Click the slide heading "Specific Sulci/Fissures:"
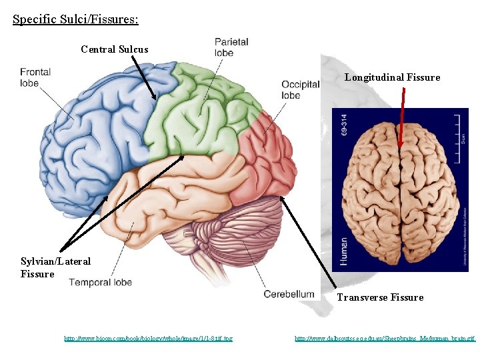point(75,19)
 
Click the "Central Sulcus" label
point(114,49)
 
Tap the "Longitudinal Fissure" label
point(392,77)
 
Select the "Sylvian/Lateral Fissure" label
point(55,267)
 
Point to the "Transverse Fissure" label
point(379,297)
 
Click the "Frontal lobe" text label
point(35,77)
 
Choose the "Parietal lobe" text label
point(232,47)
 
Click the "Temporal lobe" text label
point(101,282)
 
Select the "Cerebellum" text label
point(289,294)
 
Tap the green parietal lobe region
point(193,113)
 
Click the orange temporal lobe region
point(153,200)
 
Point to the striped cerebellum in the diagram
point(233,227)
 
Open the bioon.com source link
point(148,339)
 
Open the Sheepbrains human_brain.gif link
point(385,339)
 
